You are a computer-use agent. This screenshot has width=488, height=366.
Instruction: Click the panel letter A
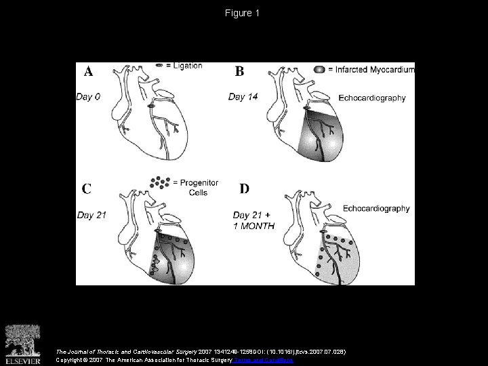tap(88, 71)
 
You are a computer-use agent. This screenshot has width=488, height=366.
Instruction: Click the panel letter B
tap(240, 70)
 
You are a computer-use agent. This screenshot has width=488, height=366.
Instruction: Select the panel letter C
tap(87, 188)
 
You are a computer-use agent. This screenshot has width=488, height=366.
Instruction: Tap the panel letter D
tap(245, 188)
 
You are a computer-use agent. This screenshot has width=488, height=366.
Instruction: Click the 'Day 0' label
tap(88, 97)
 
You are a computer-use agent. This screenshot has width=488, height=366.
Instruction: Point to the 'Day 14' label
tap(243, 97)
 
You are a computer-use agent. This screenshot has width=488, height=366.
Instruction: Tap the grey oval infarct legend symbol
tap(319, 70)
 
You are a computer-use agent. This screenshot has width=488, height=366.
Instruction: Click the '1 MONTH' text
tap(253, 226)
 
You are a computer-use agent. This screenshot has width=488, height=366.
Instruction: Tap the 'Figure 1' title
tap(243, 13)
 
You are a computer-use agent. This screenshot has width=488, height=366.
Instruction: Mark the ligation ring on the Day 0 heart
tap(150, 105)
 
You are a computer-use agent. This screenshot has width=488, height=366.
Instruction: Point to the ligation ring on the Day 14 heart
tap(306, 108)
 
